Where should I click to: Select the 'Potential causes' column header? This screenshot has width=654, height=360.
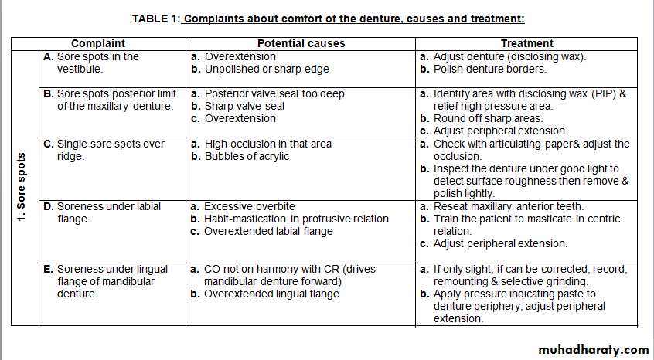tap(301, 44)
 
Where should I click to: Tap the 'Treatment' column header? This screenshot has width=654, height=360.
tap(526, 44)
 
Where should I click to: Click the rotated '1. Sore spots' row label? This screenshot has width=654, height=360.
tap(22, 188)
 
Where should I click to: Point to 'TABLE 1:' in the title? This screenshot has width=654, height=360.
tap(156, 19)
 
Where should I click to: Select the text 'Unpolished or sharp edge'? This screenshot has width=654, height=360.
tap(266, 70)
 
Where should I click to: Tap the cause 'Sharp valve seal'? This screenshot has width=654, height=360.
tap(244, 107)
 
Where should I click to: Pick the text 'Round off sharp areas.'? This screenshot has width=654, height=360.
tap(488, 119)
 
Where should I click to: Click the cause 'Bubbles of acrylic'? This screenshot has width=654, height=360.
tap(247, 157)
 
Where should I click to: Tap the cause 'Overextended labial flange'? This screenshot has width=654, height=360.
tap(268, 232)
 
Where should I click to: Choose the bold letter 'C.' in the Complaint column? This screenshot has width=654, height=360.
tap(49, 144)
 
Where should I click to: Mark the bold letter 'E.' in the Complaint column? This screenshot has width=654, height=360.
tap(49, 270)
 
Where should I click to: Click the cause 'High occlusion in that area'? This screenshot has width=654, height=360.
tap(267, 144)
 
